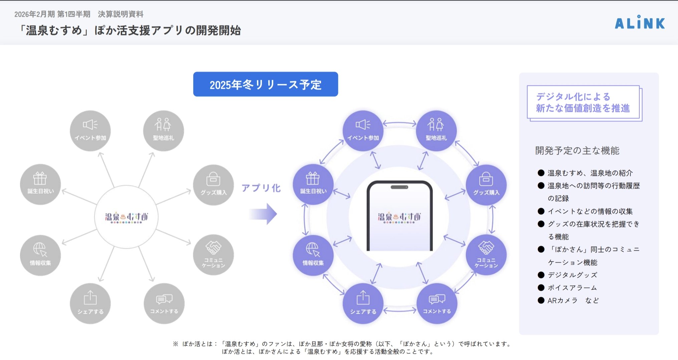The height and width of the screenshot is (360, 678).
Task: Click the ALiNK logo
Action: click(x=640, y=23)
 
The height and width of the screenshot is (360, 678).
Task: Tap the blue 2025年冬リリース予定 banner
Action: click(x=265, y=84)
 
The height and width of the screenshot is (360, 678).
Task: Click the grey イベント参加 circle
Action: click(x=90, y=130)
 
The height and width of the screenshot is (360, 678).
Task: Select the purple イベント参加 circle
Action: click(x=363, y=130)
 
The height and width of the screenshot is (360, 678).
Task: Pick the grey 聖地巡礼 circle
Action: click(x=163, y=130)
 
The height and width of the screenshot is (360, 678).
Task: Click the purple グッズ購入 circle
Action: click(x=486, y=185)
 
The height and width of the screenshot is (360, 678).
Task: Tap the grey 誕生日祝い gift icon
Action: click(x=40, y=178)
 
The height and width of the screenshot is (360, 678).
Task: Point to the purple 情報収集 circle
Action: click(x=313, y=255)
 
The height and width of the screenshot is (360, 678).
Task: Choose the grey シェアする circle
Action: click(x=90, y=303)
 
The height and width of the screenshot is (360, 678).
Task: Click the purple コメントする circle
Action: click(x=437, y=303)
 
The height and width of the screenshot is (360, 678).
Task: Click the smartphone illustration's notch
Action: click(x=399, y=187)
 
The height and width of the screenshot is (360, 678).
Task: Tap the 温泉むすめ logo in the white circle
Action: click(x=126, y=217)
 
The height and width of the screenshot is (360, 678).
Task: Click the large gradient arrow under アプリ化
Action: click(x=263, y=214)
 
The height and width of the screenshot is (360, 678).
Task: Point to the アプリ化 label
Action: click(x=261, y=188)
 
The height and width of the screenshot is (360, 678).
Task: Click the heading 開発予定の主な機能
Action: click(x=577, y=150)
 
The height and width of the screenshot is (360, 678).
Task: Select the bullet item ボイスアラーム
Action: click(x=572, y=288)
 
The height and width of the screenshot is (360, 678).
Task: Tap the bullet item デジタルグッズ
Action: click(x=572, y=275)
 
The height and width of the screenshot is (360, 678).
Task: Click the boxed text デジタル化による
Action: click(x=573, y=96)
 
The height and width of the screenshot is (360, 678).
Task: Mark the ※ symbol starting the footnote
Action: click(x=176, y=344)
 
